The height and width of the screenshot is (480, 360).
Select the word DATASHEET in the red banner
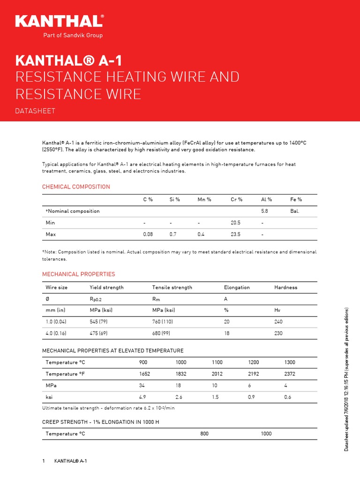click(36, 111)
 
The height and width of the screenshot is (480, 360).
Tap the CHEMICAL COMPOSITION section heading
click(76, 187)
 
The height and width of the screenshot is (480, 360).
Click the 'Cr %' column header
click(236, 200)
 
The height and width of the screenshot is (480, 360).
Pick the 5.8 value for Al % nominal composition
click(264, 211)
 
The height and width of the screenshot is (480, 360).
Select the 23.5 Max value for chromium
click(236, 233)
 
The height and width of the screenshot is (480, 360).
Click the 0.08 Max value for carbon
click(148, 233)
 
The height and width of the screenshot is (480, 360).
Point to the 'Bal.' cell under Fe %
click(294, 211)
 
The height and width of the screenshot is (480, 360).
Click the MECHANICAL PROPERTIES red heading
click(78, 274)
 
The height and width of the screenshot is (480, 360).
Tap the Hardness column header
click(285, 287)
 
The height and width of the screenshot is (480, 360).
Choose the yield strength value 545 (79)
click(99, 322)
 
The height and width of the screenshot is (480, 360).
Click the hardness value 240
click(278, 322)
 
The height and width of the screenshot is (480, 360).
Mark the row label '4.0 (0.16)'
click(56, 333)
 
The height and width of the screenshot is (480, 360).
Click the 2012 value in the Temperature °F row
click(217, 374)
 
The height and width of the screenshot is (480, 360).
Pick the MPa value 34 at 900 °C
click(142, 385)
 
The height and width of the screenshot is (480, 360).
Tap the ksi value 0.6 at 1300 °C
click(288, 397)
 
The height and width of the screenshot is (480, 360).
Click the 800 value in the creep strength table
click(204, 434)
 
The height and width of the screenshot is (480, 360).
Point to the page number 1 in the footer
click(44, 461)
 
